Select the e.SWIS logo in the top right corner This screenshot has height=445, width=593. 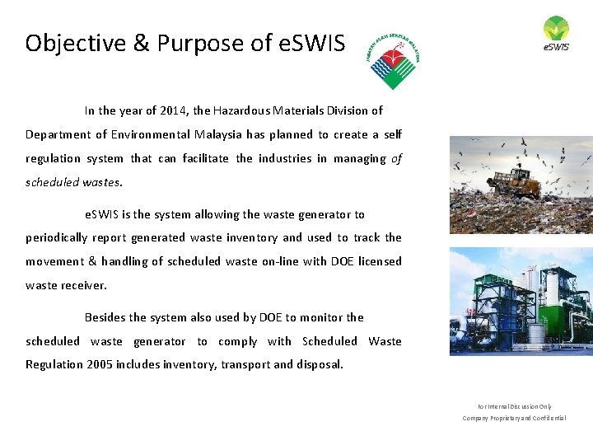556,34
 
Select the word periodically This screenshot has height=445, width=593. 56,237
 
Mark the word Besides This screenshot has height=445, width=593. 105,317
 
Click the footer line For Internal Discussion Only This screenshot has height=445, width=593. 515,406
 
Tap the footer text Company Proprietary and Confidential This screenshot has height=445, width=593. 515,418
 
